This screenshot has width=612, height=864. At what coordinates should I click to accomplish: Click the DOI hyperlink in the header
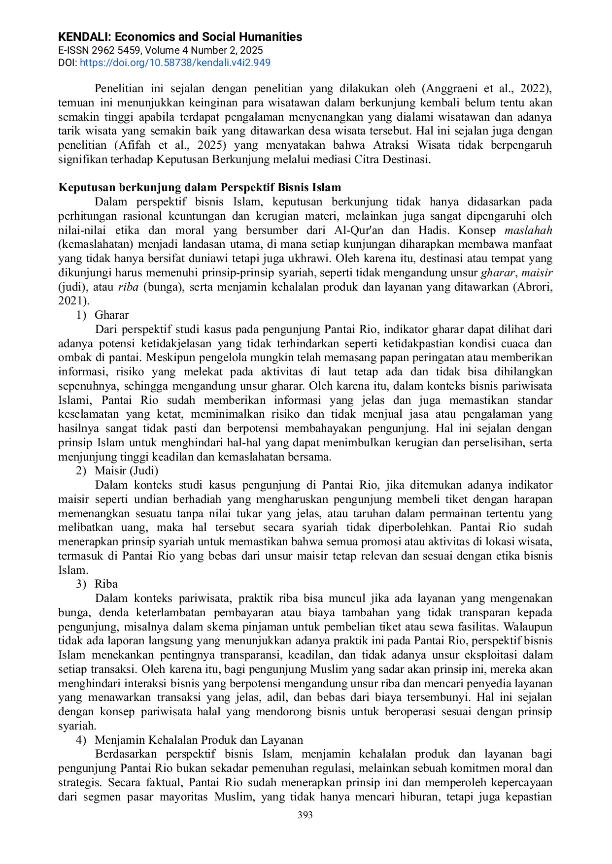tap(175, 63)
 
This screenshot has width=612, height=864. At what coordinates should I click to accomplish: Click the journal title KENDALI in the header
tap(180, 37)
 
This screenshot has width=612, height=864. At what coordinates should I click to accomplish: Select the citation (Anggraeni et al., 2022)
tap(486, 89)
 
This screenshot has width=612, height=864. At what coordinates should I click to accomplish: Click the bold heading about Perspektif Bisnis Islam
tap(200, 188)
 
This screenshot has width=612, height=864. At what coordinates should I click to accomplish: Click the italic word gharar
tap(498, 273)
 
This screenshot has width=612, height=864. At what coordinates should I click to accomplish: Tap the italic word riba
tap(128, 287)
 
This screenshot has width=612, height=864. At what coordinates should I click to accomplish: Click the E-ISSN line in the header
tap(160, 50)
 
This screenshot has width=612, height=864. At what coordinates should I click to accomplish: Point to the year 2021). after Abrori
tap(74, 301)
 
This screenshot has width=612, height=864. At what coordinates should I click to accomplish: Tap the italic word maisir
tap(537, 273)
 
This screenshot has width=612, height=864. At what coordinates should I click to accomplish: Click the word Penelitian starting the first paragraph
tap(119, 89)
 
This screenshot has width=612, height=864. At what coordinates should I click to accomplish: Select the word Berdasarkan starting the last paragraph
tap(126, 754)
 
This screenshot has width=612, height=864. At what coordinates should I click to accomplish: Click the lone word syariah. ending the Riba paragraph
tap(77, 726)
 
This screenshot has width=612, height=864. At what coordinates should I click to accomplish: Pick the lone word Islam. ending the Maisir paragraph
tap(73, 570)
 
